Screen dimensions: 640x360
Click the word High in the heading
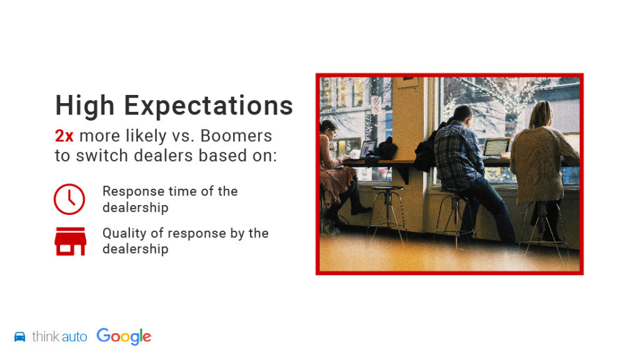(x=84, y=106)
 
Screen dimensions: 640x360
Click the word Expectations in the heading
(x=209, y=106)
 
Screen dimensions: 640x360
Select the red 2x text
(x=64, y=136)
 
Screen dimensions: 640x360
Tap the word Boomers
(x=236, y=136)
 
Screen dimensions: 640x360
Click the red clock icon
(x=69, y=199)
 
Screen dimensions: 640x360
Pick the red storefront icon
(x=71, y=241)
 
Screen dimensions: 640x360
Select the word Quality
(x=124, y=234)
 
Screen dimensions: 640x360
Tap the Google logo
(x=124, y=336)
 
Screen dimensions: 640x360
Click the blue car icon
(x=19, y=337)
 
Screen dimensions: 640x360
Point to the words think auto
(x=59, y=337)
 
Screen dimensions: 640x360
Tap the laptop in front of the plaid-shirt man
(x=496, y=147)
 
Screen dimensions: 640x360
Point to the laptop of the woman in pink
(x=367, y=149)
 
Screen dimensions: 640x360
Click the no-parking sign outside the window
(x=376, y=104)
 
